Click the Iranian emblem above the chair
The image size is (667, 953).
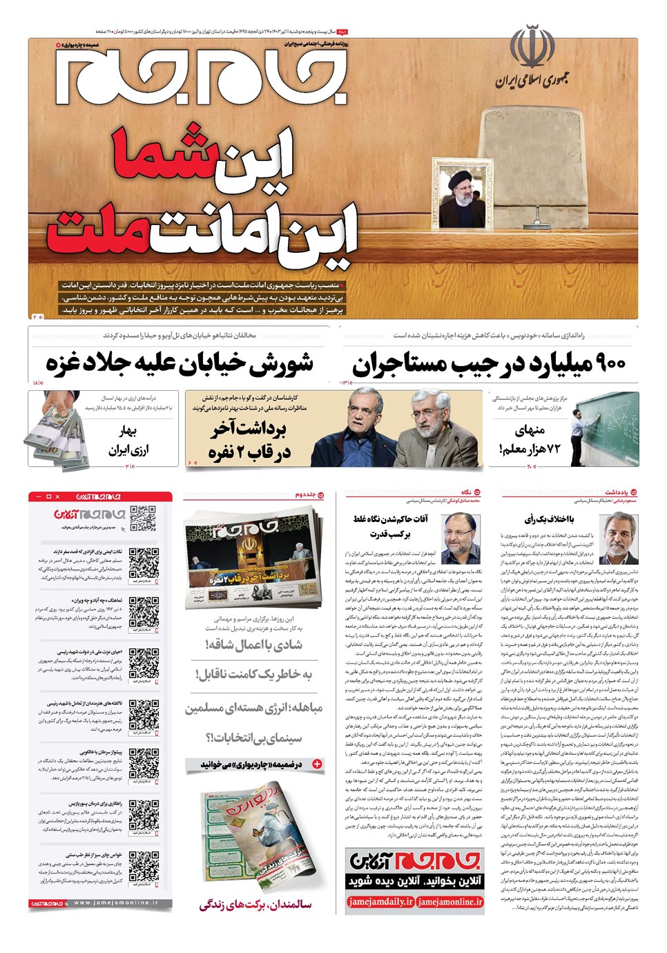(532, 46)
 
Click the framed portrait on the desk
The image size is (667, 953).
(463, 195)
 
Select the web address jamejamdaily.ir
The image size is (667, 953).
(380, 901)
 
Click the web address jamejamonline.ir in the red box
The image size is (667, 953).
(450, 901)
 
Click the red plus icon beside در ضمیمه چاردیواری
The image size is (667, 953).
(317, 764)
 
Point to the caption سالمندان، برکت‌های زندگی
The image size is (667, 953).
(255, 905)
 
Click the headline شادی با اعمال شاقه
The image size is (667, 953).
(254, 645)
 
